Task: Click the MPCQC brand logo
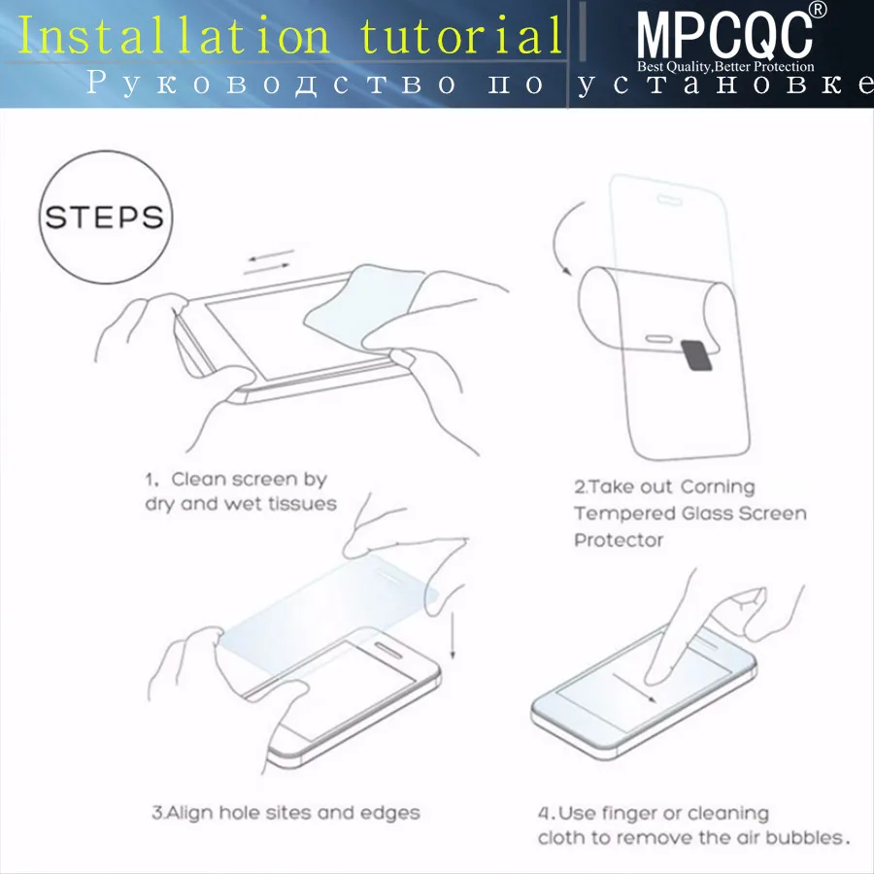click(x=724, y=35)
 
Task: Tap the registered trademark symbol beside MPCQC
click(x=817, y=10)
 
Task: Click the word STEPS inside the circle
click(x=105, y=218)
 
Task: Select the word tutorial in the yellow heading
click(x=461, y=36)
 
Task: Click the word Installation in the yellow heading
click(x=174, y=36)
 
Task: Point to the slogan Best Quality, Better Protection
click(x=725, y=67)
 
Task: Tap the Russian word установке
click(x=724, y=84)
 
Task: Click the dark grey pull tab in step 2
click(x=696, y=354)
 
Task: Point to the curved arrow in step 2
click(x=555, y=237)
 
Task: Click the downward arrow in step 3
click(x=453, y=635)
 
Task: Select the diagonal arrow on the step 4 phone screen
click(x=634, y=688)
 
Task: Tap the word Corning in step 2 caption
click(x=718, y=487)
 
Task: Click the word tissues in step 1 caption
click(x=303, y=504)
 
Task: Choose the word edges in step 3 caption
click(x=390, y=813)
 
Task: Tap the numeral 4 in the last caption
click(x=544, y=814)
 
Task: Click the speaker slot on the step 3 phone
click(x=387, y=650)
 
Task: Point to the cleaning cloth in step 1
click(x=362, y=306)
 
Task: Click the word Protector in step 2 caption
click(x=619, y=540)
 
